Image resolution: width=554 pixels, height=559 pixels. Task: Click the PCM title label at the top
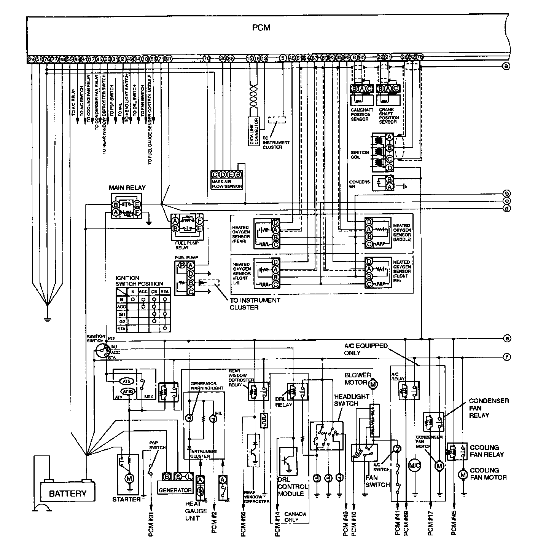[x=261, y=28]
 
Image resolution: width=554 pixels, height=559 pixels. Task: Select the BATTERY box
[x=68, y=493]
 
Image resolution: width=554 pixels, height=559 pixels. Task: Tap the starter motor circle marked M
[x=129, y=478]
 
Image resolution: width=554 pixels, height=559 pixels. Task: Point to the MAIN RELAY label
[x=127, y=188]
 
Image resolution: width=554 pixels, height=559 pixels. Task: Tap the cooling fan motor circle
[x=463, y=474]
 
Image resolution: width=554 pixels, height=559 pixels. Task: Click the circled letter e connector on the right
[x=506, y=339]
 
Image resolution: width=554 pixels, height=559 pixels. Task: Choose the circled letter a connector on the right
[x=506, y=66]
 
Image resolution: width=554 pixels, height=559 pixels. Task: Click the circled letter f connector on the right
[x=506, y=357]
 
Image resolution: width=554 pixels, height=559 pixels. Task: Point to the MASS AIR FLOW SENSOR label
[x=227, y=184]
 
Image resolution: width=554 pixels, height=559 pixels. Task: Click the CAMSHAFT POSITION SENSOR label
[x=360, y=114]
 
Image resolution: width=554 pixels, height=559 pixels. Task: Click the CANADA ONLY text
[x=295, y=517]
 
